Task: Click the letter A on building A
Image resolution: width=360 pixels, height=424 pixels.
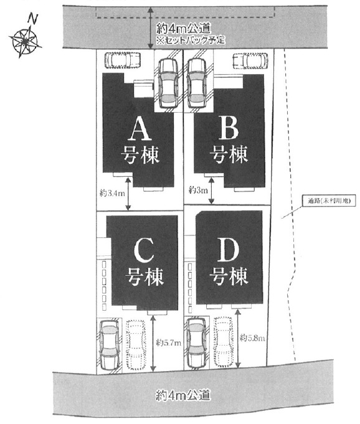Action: pyautogui.click(x=140, y=130)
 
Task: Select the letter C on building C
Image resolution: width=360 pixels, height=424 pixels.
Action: pyautogui.click(x=144, y=251)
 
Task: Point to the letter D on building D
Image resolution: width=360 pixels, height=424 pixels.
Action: pyautogui.click(x=229, y=251)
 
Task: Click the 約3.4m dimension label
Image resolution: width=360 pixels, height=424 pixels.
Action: pyautogui.click(x=112, y=194)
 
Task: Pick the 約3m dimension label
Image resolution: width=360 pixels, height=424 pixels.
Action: pyautogui.click(x=199, y=190)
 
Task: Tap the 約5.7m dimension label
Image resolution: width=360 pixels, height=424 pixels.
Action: pyautogui.click(x=169, y=343)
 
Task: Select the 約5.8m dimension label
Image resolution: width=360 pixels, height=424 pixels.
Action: pyautogui.click(x=252, y=337)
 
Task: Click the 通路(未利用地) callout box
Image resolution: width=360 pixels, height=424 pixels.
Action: pyautogui.click(x=329, y=201)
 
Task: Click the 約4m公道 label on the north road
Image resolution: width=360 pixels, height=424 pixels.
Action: pyautogui.click(x=183, y=28)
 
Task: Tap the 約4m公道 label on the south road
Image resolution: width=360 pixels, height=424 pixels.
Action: pyautogui.click(x=183, y=395)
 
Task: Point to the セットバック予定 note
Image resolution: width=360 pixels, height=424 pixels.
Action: pyautogui.click(x=191, y=40)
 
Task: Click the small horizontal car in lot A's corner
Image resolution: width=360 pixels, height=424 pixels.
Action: pyautogui.click(x=122, y=60)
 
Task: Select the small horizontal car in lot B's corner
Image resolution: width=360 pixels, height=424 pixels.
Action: pyautogui.click(x=250, y=60)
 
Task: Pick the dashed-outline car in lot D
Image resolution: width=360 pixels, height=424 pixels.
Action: pyautogui.click(x=223, y=342)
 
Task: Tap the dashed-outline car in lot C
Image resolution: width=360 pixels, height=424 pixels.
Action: pyautogui.click(x=136, y=345)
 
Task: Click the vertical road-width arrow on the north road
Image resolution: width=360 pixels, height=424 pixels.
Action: pyautogui.click(x=151, y=27)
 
